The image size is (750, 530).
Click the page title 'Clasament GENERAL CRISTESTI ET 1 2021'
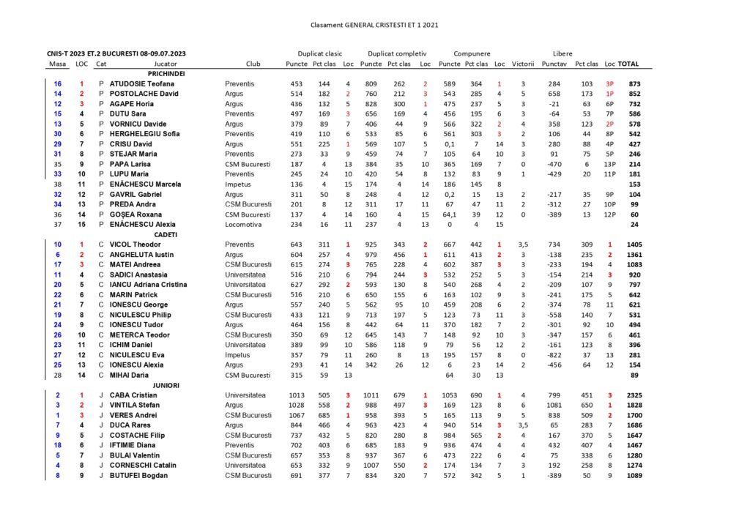click(x=374, y=25)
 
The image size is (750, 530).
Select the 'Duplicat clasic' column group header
click(x=319, y=53)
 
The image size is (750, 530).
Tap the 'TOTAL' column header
click(x=629, y=64)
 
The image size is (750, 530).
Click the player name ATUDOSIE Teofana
click(x=142, y=84)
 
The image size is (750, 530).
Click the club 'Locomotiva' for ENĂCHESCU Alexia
click(x=242, y=225)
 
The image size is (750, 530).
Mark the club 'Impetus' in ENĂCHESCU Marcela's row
click(x=237, y=184)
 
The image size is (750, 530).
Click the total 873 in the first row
click(x=634, y=84)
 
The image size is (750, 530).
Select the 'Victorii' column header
click(x=523, y=64)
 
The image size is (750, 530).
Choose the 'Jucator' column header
click(x=166, y=64)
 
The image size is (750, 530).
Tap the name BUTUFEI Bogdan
click(x=138, y=475)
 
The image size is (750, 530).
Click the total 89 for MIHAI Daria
click(x=634, y=375)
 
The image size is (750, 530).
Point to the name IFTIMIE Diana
click(x=134, y=445)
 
